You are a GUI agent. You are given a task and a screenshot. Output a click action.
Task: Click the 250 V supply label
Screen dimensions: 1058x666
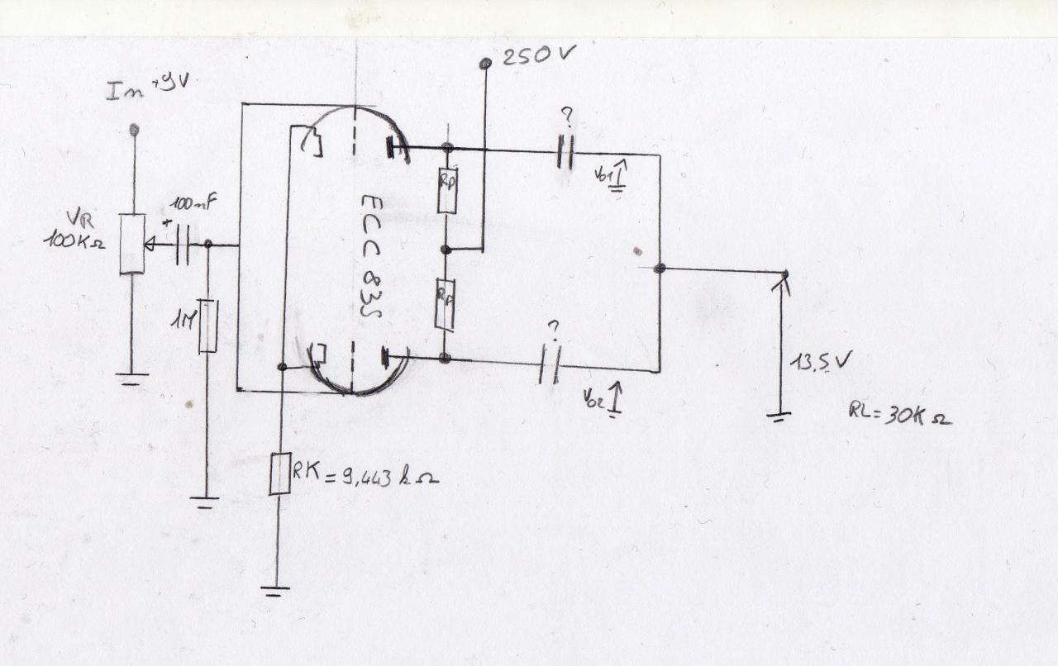point(538,55)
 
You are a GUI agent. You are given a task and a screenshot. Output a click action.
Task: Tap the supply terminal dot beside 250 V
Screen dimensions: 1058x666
point(487,63)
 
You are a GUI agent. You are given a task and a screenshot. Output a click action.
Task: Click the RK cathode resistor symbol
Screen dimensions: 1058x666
point(279,473)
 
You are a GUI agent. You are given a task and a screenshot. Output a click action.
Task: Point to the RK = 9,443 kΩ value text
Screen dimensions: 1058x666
point(364,476)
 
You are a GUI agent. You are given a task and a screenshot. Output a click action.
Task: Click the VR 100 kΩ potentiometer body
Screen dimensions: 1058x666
point(132,244)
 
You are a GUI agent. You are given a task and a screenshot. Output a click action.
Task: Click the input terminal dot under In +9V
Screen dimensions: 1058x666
point(134,129)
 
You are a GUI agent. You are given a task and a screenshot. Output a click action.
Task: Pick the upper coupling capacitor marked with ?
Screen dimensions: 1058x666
point(566,152)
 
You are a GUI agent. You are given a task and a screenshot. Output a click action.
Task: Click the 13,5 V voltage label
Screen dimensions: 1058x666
point(822,363)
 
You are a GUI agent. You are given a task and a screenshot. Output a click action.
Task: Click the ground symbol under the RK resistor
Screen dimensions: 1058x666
point(276,590)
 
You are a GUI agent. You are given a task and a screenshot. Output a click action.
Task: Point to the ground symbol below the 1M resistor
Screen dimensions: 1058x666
point(205,499)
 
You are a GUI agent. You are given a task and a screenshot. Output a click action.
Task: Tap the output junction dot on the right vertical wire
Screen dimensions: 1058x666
point(660,268)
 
